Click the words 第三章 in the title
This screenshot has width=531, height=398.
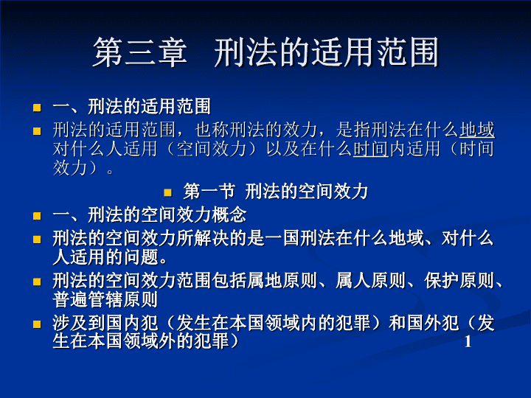(x=140, y=52)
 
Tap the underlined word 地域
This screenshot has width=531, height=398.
(x=477, y=130)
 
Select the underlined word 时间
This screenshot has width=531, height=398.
(x=371, y=149)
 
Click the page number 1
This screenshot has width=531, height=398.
(x=468, y=342)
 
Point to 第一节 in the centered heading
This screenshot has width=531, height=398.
(x=209, y=192)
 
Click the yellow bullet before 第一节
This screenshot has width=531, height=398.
(x=167, y=193)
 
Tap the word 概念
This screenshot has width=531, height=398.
(x=229, y=215)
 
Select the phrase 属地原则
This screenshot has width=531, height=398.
(x=282, y=281)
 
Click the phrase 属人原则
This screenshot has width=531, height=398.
(x=370, y=281)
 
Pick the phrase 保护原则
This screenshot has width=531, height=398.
(x=459, y=281)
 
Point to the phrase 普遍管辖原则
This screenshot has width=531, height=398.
(x=105, y=299)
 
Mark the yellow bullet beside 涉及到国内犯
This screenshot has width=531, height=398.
(x=37, y=324)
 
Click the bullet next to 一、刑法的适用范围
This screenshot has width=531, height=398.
(x=37, y=108)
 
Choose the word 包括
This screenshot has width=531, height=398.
(x=229, y=281)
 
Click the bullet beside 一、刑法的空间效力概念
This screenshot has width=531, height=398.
(x=37, y=216)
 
